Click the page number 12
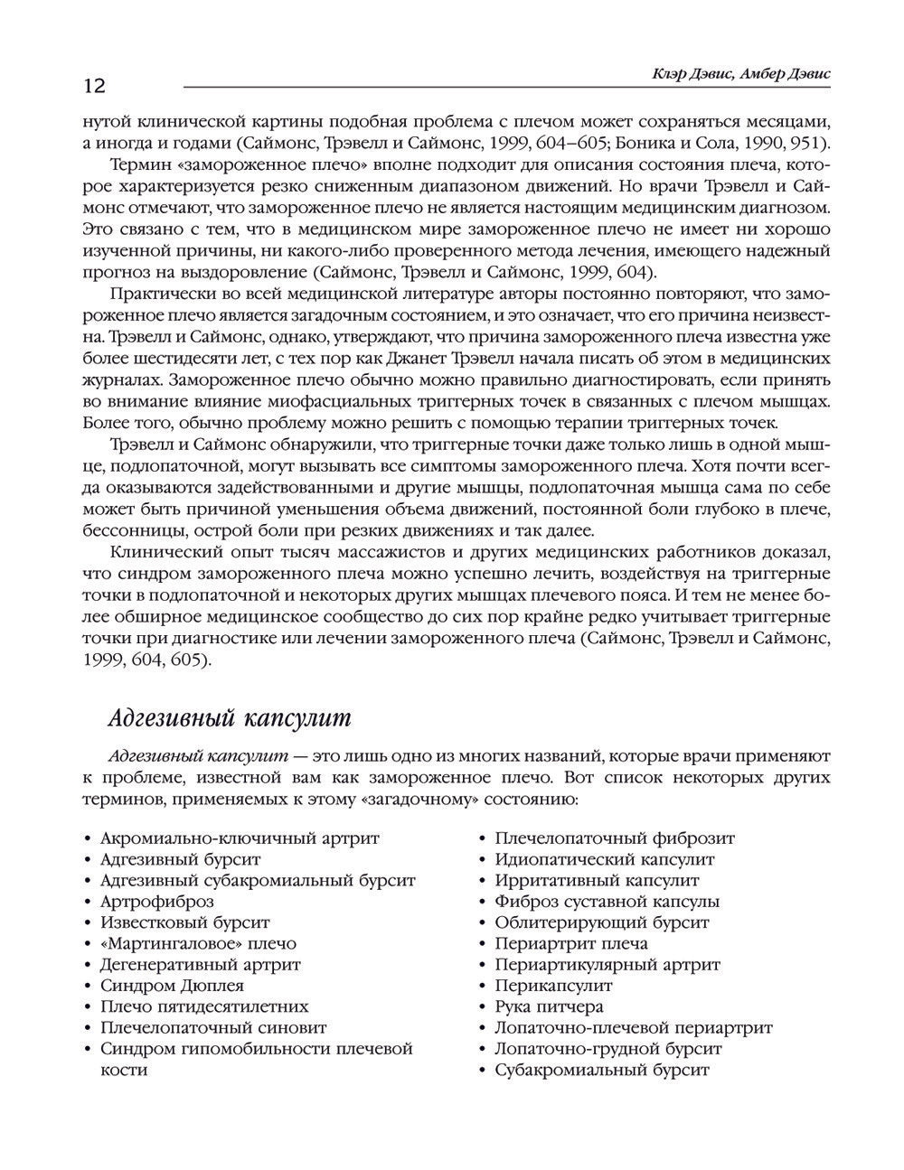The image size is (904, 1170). pyautogui.click(x=94, y=87)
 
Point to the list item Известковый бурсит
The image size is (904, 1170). pyautogui.click(x=184, y=922)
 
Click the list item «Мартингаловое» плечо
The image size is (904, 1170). pyautogui.click(x=198, y=943)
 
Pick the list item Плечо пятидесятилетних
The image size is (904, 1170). pyautogui.click(x=204, y=1006)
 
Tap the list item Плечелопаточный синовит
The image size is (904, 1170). pyautogui.click(x=213, y=1027)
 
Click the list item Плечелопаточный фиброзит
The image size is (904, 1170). pyautogui.click(x=615, y=838)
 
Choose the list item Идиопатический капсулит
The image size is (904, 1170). pyautogui.click(x=605, y=859)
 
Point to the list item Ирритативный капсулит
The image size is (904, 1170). pyautogui.click(x=597, y=880)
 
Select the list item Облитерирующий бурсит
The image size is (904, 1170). pyautogui.click(x=602, y=922)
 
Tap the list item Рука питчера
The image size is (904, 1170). pyautogui.click(x=550, y=1006)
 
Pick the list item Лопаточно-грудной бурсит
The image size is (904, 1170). pyautogui.click(x=608, y=1049)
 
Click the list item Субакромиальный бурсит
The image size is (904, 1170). pyautogui.click(x=602, y=1070)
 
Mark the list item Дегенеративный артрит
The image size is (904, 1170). pyautogui.click(x=200, y=965)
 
